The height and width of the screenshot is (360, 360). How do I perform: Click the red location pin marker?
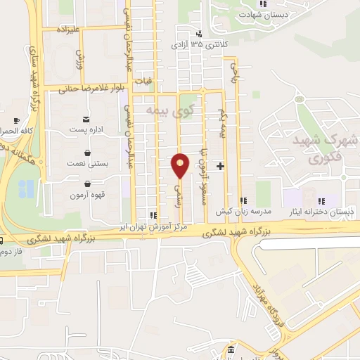click(180, 165)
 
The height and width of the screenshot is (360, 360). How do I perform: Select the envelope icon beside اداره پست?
click(86, 120)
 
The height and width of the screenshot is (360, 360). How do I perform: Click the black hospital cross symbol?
click(221, 167)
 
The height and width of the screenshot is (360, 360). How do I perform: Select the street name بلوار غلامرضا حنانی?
click(84, 89)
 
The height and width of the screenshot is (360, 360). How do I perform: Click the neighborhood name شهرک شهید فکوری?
click(333, 150)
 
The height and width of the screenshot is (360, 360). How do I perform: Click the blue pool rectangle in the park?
click(26, 188)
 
